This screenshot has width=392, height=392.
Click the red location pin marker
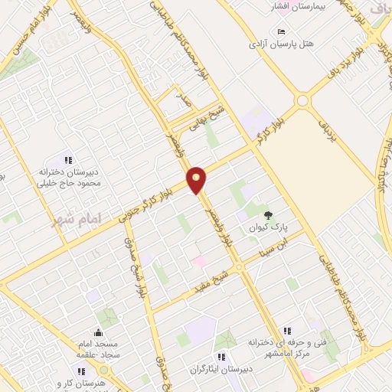click(x=197, y=179)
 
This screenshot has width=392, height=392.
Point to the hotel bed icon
click(x=282, y=31)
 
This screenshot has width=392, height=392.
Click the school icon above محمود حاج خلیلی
click(x=67, y=161)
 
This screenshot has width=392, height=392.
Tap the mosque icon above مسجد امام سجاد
click(x=97, y=332)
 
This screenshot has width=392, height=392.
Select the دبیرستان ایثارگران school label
click(x=222, y=369)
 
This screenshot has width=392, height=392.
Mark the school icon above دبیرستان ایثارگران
click(x=222, y=357)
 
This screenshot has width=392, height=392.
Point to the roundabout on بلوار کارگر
click(x=302, y=100)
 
